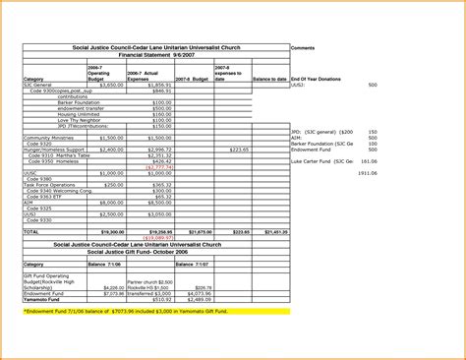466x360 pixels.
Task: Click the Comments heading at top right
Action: (x=304, y=46)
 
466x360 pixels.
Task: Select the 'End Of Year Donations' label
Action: (x=317, y=79)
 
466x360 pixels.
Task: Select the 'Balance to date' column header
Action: (x=268, y=79)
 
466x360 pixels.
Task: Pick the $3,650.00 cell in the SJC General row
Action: (x=112, y=85)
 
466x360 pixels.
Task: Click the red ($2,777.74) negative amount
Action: (x=186, y=167)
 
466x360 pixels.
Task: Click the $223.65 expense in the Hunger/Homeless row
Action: (x=239, y=150)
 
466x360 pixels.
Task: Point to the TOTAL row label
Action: (x=31, y=231)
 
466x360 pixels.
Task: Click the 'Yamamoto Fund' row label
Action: (x=42, y=299)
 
